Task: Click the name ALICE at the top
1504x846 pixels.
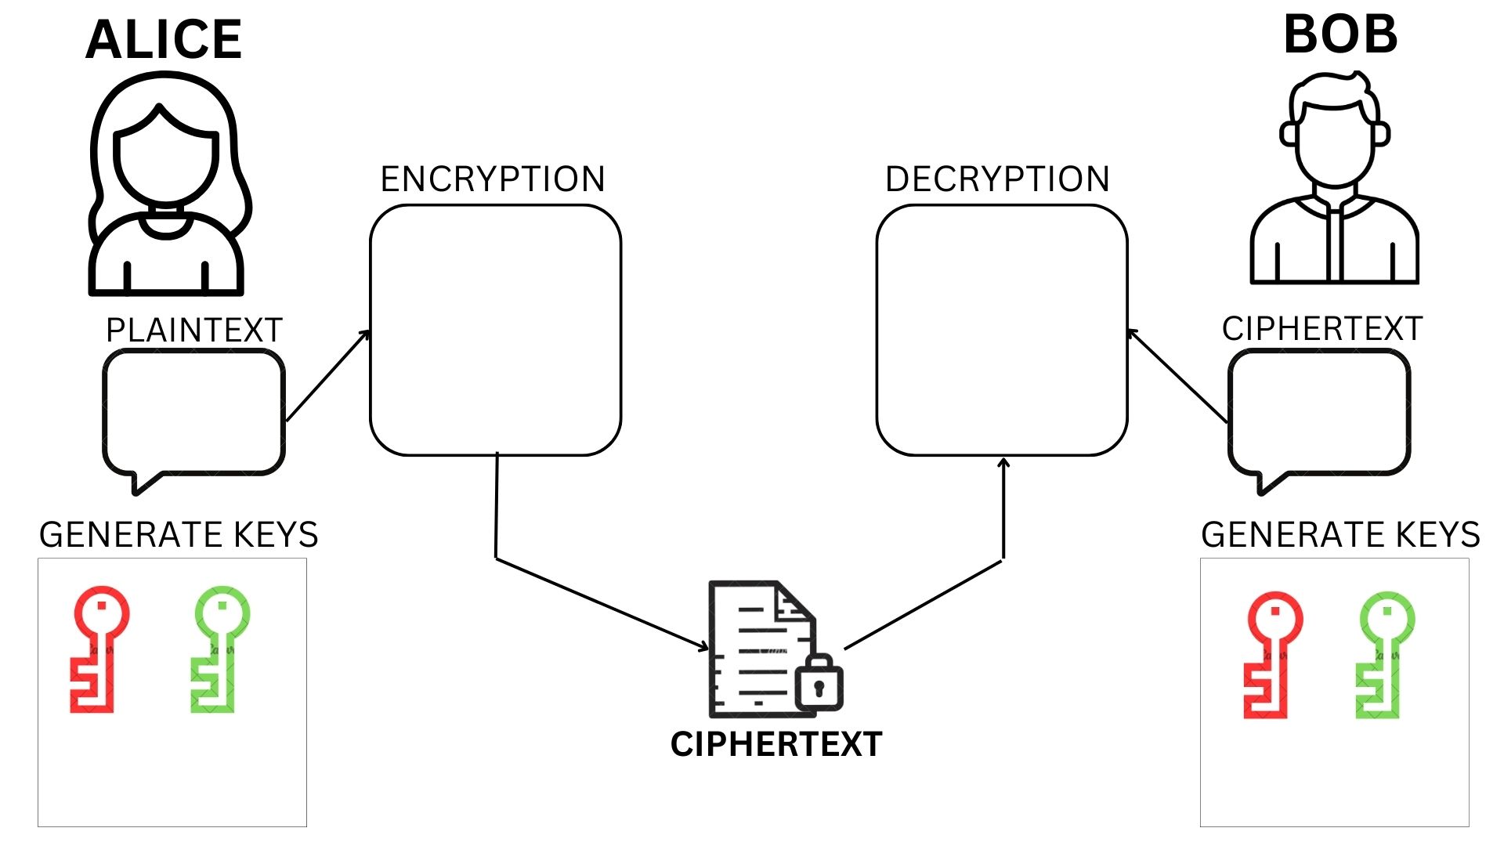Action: pyautogui.click(x=164, y=39)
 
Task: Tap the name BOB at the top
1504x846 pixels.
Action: pyautogui.click(x=1340, y=35)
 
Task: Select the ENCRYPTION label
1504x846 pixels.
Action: pyautogui.click(x=493, y=179)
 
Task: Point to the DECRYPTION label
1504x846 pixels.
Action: pyautogui.click(x=997, y=179)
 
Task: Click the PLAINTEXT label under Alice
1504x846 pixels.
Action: pyautogui.click(x=193, y=331)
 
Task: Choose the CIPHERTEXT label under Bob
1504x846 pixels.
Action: pyautogui.click(x=1322, y=329)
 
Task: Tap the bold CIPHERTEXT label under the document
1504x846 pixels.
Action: pyautogui.click(x=776, y=744)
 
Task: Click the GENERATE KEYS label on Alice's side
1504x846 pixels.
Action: pyautogui.click(x=179, y=535)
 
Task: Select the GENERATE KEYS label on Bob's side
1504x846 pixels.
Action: pyautogui.click(x=1340, y=535)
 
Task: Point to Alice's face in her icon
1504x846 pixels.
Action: pyautogui.click(x=165, y=161)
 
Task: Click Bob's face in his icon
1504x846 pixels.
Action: pyautogui.click(x=1335, y=145)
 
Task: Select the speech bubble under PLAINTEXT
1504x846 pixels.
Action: pyautogui.click(x=193, y=413)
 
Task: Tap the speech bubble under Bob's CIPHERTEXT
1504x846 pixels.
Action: pyautogui.click(x=1319, y=413)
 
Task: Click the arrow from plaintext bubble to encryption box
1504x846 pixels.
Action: pyautogui.click(x=327, y=376)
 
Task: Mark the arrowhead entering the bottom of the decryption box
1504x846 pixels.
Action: pyautogui.click(x=1003, y=463)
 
